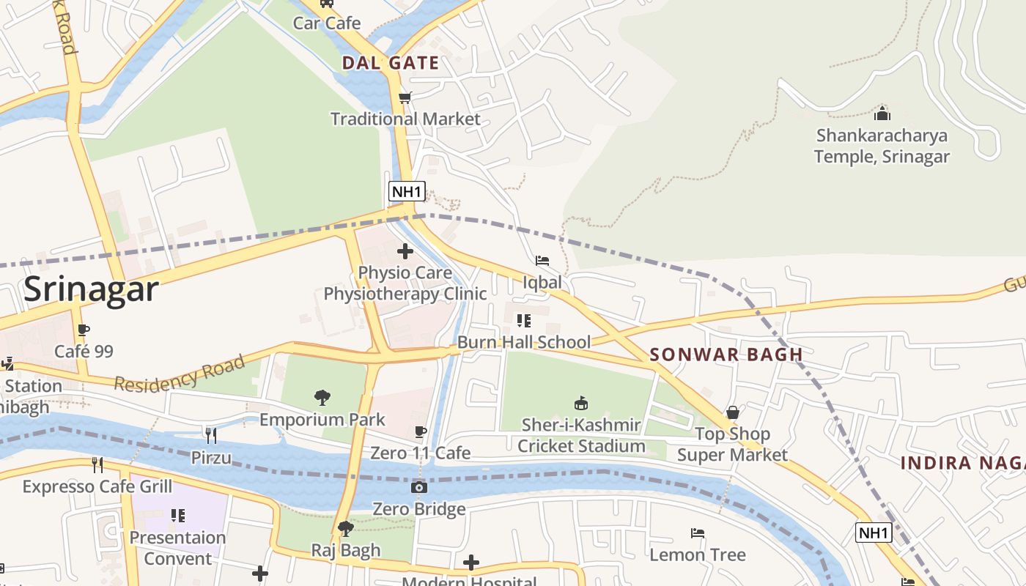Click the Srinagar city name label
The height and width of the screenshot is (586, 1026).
click(x=91, y=289)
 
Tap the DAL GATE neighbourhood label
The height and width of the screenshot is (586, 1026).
click(x=391, y=63)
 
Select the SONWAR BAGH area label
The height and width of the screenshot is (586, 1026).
click(x=726, y=355)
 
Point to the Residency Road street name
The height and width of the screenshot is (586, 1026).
click(x=180, y=374)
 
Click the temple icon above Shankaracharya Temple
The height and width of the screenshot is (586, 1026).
click(x=882, y=114)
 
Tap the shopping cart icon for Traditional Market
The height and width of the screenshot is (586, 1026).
click(x=405, y=97)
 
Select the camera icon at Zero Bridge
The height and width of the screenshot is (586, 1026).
click(x=419, y=487)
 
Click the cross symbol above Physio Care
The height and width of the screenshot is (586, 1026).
click(x=405, y=251)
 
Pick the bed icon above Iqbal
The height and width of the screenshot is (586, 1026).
click(x=542, y=261)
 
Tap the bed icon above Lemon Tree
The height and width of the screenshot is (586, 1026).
click(x=698, y=533)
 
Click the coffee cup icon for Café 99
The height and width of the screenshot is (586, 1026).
click(x=84, y=330)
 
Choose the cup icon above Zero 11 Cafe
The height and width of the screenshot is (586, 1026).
click(x=421, y=432)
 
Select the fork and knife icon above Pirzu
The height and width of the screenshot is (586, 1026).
click(x=211, y=436)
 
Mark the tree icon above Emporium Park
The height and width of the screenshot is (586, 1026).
click(x=322, y=398)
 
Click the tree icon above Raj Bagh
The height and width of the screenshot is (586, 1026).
click(x=346, y=528)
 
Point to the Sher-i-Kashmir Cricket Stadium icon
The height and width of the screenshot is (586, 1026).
click(x=581, y=403)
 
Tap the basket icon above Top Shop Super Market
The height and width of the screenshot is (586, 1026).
click(x=732, y=412)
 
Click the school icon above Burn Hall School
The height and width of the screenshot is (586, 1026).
click(x=524, y=321)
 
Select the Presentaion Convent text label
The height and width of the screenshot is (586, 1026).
click(x=177, y=548)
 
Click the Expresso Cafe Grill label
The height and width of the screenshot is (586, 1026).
click(x=97, y=486)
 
